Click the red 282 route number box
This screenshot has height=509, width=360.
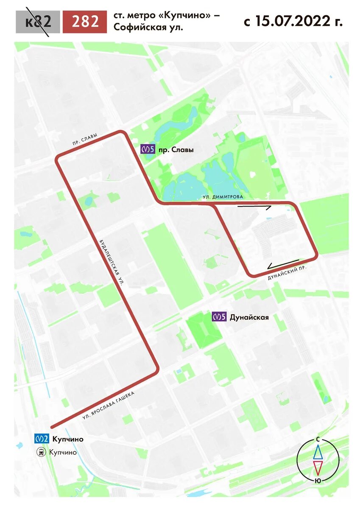pyautogui.click(x=84, y=21)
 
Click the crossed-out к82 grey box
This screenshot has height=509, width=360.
pyautogui.click(x=38, y=21)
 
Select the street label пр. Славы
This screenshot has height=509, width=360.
pyautogui.click(x=84, y=139)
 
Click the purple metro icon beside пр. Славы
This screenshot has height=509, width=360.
pyautogui.click(x=148, y=149)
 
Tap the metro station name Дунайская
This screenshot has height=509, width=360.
pyautogui.click(x=249, y=317)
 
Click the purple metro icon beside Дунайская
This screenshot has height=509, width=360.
pyautogui.click(x=219, y=317)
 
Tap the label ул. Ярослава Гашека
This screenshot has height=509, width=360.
pyautogui.click(x=109, y=406)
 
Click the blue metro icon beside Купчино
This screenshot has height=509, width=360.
pyautogui.click(x=42, y=439)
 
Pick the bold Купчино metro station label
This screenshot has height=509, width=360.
pyautogui.click(x=68, y=439)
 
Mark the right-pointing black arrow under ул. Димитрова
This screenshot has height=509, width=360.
pyautogui.click(x=254, y=207)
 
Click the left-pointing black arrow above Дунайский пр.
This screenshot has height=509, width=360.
pyautogui.click(x=283, y=265)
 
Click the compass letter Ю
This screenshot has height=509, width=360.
pyautogui.click(x=317, y=481)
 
